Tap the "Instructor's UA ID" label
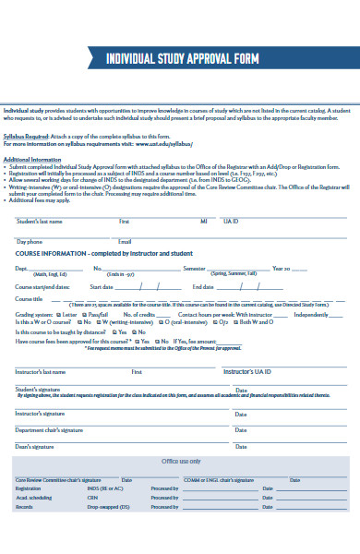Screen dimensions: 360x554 point(246,371)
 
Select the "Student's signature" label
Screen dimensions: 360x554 point(37,389)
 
